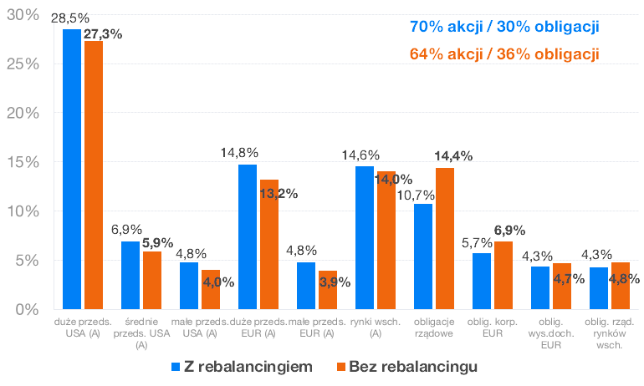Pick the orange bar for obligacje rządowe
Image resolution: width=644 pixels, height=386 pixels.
pyautogui.click(x=445, y=239)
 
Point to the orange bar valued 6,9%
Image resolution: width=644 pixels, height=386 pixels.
pyautogui.click(x=503, y=276)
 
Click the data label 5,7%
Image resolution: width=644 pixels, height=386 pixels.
pyautogui.click(x=476, y=243)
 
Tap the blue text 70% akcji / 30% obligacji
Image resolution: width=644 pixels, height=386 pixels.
pyautogui.click(x=504, y=27)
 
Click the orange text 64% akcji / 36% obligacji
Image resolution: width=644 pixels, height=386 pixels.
pyautogui.click(x=504, y=54)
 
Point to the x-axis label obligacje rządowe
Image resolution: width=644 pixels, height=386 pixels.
pyautogui.click(x=434, y=328)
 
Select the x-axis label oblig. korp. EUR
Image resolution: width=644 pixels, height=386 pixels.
pyautogui.click(x=493, y=328)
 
